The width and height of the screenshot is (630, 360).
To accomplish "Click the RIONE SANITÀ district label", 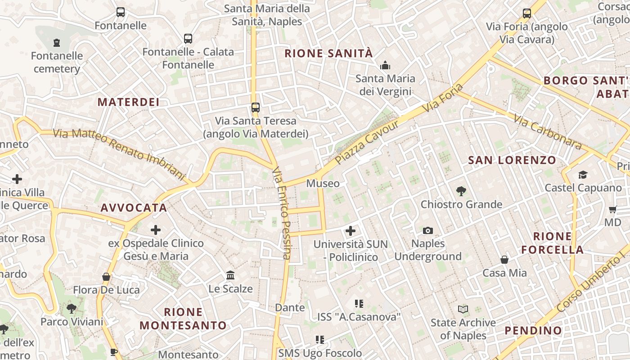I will (328, 54).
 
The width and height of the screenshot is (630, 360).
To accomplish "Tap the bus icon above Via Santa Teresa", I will (256, 108).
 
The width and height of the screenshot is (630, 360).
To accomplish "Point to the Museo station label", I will (323, 184).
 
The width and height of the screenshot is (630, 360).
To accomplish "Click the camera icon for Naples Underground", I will (428, 231).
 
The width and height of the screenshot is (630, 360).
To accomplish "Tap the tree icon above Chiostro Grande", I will (461, 191).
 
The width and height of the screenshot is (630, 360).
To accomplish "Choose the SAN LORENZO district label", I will (512, 160).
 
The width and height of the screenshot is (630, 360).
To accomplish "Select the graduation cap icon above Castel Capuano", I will (583, 175).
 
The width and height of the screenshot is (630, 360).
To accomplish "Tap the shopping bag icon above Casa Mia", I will (504, 260).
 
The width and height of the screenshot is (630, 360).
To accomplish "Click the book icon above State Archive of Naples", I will (463, 309).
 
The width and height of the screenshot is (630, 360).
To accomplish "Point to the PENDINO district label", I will (533, 331).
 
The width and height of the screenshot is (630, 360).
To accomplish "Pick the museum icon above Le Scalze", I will (230, 275).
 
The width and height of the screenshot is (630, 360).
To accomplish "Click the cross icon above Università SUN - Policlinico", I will (350, 231).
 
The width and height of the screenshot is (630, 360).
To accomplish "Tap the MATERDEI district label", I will (129, 102).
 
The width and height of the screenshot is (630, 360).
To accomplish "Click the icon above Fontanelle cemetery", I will (57, 43).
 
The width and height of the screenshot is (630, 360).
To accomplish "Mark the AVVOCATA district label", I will (134, 208).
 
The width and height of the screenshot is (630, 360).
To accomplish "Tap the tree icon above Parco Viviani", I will (71, 309).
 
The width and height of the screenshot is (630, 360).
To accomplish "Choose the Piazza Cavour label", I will (367, 142).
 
